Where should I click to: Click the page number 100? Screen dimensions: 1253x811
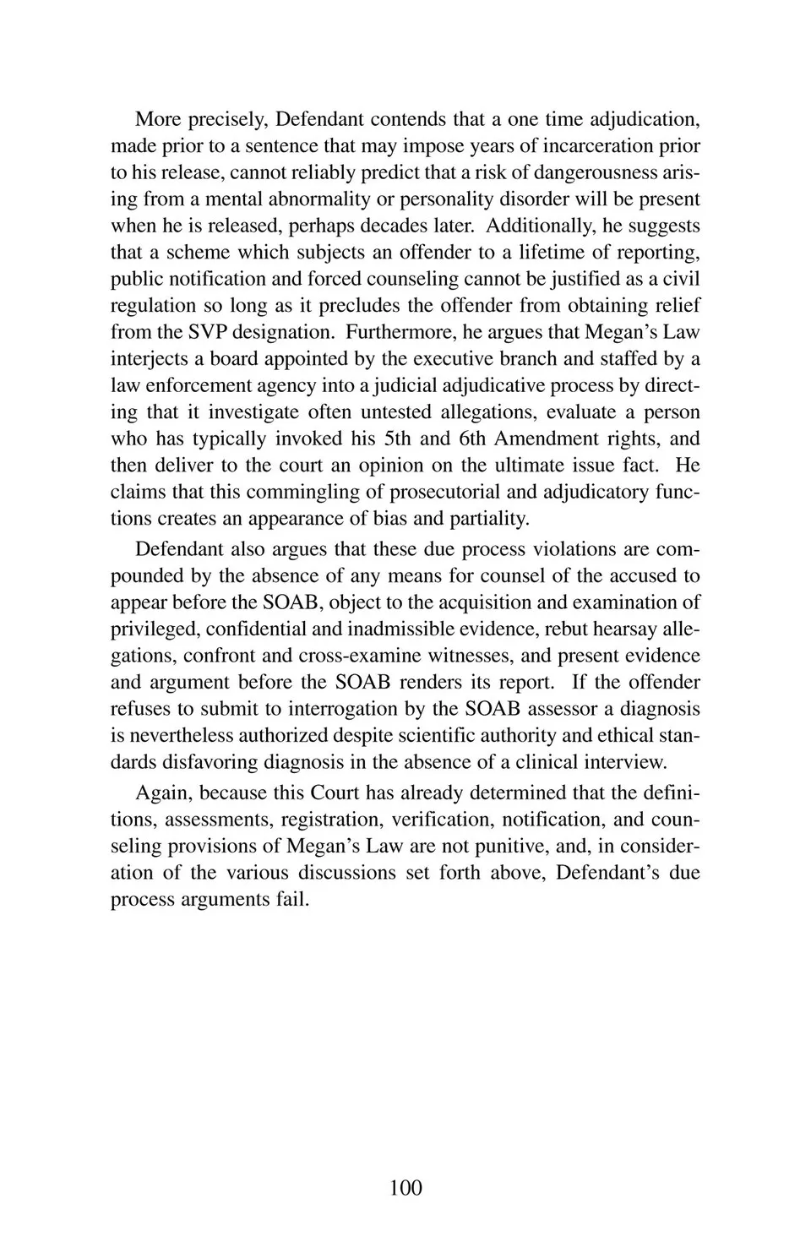click(405, 1187)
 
